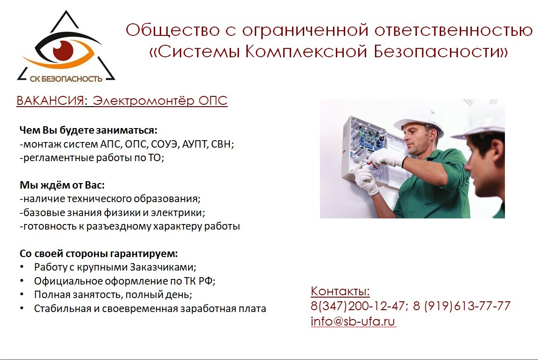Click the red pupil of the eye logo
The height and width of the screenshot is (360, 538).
pos(63,50)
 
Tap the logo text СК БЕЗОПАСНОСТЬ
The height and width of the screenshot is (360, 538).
pos(66,79)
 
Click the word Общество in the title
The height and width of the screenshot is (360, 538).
pos(173,30)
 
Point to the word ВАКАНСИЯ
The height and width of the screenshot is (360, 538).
pos(50,101)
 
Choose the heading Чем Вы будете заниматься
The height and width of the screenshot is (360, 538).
pos(88,130)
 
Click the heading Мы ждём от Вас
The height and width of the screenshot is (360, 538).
pos(62,185)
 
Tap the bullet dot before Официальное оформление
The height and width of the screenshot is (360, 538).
pos(22,281)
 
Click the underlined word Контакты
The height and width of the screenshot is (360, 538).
pos(340,291)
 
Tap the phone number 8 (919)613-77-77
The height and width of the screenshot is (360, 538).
pos(462,306)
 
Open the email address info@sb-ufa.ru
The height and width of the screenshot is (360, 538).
pos(353,321)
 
